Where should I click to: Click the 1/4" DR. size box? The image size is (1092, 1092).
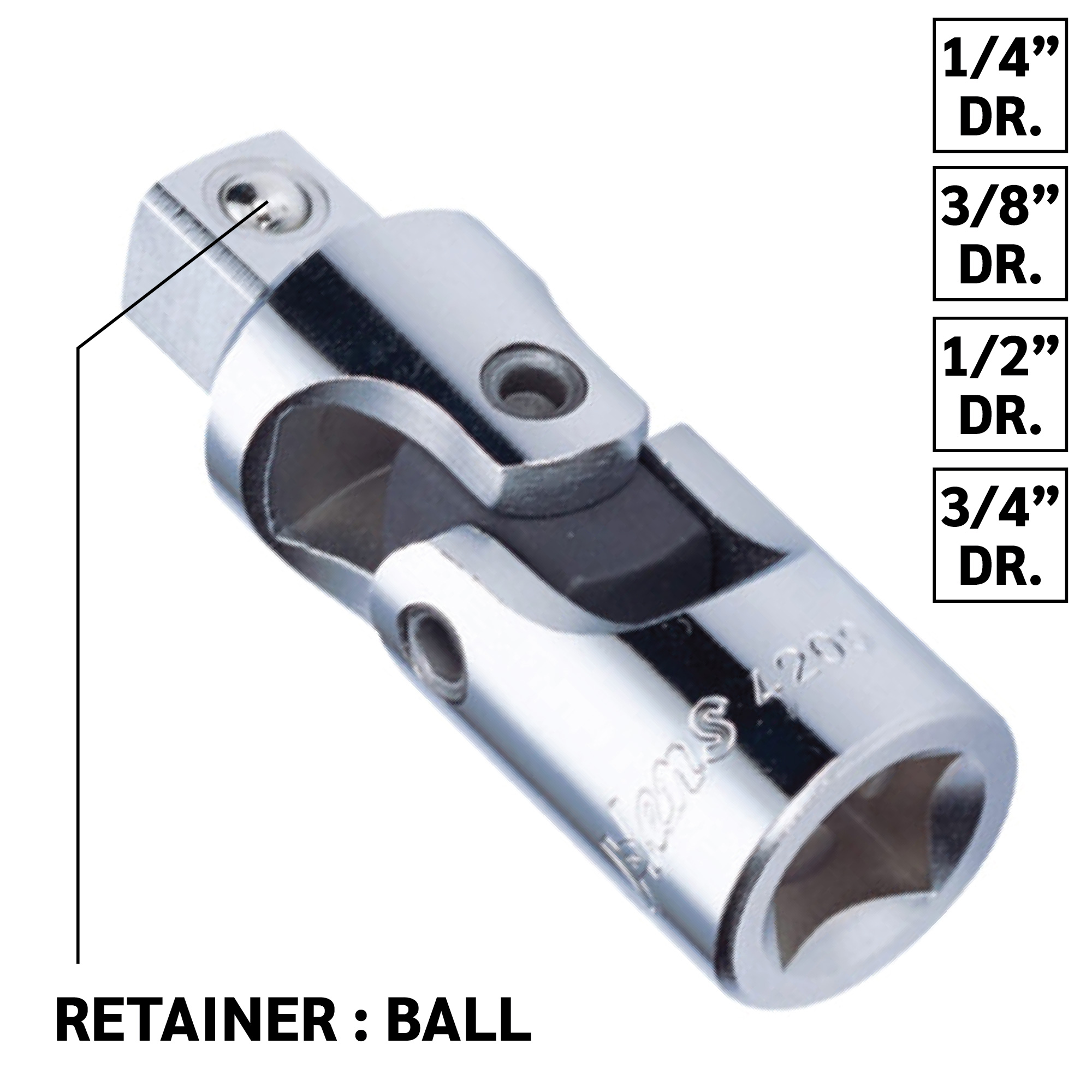999,85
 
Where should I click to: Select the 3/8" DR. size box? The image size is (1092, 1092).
999,234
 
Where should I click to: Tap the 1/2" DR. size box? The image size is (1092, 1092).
999,384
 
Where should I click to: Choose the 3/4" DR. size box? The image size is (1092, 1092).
999,535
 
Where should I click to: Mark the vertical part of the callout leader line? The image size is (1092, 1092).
78,622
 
